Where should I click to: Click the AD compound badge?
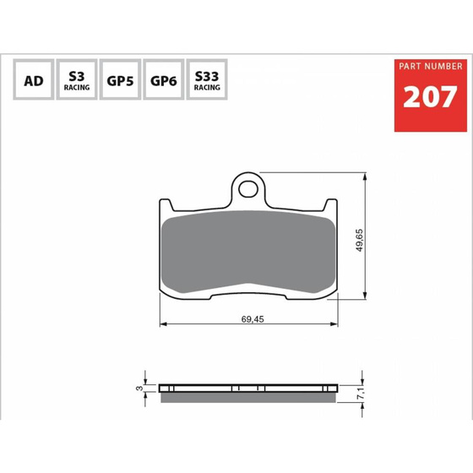click(x=34, y=81)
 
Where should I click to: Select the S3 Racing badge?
click(x=77, y=81)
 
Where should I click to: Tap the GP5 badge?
click(x=119, y=81)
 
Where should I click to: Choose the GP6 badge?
click(x=162, y=81)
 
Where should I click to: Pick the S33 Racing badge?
click(x=205, y=81)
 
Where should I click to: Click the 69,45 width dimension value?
click(x=251, y=320)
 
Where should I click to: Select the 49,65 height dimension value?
click(x=359, y=239)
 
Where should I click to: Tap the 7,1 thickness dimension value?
click(x=359, y=390)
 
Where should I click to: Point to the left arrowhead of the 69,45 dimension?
click(x=164, y=325)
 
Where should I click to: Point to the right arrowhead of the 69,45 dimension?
click(x=335, y=325)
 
